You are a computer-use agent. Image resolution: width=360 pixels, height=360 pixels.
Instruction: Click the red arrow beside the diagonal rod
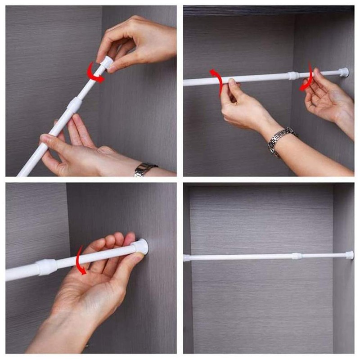95,73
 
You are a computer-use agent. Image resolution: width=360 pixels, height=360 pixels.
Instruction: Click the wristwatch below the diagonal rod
145,169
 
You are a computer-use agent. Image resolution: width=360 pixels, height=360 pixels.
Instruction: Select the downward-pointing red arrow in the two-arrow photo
307,77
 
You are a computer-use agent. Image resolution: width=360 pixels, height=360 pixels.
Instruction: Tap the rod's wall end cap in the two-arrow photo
344,72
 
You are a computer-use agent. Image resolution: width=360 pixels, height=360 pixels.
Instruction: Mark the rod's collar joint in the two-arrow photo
293,75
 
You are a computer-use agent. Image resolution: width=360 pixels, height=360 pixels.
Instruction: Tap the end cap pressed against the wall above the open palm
140,246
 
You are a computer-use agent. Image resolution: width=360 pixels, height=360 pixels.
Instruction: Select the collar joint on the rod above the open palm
47,267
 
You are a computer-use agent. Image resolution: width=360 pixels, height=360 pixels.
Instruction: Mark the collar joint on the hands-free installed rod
296,256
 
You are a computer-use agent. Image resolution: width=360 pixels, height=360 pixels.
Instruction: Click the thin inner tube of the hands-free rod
324,255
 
